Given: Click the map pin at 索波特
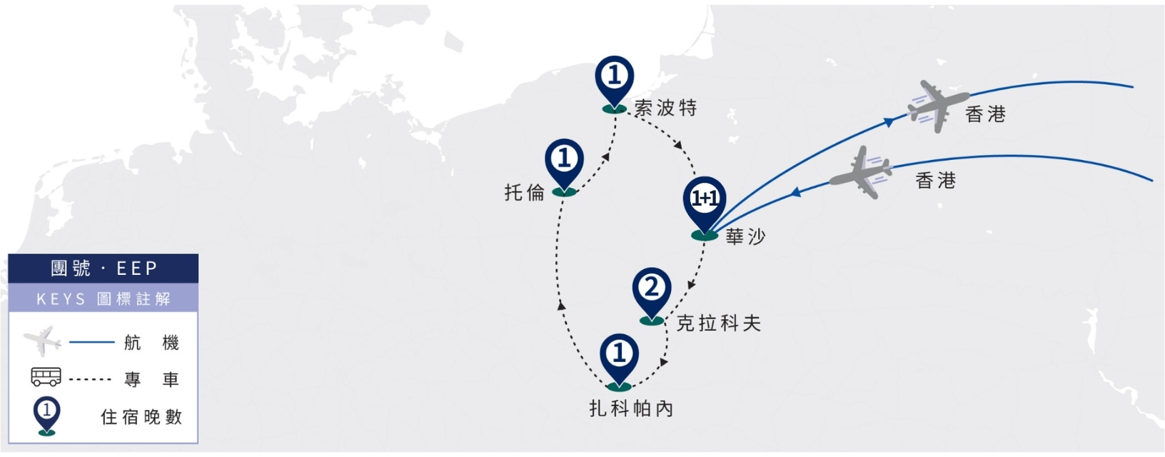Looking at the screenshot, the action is click(x=614, y=84).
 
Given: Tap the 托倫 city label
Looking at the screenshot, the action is click(x=524, y=193).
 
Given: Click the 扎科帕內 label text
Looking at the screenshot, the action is click(x=631, y=408).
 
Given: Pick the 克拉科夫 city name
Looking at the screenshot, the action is click(x=719, y=323).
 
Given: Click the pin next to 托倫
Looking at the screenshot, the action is click(x=564, y=166).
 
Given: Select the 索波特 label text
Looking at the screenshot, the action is click(x=666, y=109).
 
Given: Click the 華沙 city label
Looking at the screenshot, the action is click(x=745, y=237).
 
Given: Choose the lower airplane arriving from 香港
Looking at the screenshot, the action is click(x=861, y=172).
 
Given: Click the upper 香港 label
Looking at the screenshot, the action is click(x=986, y=114).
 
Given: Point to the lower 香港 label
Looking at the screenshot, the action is click(x=936, y=181).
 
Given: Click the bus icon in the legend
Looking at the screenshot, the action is click(x=46, y=377).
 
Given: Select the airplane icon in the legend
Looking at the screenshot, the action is click(x=42, y=341).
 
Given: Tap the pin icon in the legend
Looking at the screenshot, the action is click(x=47, y=416).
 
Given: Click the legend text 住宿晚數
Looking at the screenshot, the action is click(x=141, y=417).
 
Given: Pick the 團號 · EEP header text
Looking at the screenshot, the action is click(x=104, y=268).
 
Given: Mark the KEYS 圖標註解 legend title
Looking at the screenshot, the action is click(x=104, y=298).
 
